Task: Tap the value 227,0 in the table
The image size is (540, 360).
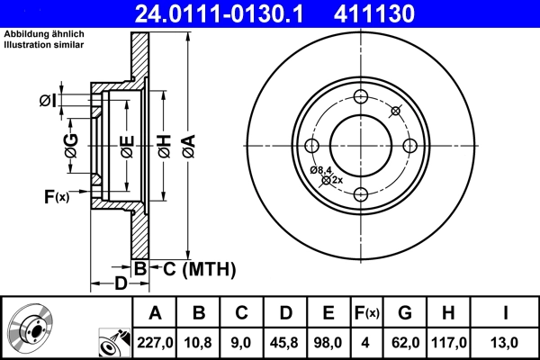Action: (155, 341)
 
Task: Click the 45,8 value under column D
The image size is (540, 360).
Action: (285, 341)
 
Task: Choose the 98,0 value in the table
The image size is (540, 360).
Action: (328, 341)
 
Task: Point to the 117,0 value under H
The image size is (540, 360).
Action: (449, 341)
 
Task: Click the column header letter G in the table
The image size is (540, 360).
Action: (405, 313)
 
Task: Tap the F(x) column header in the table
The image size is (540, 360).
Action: (366, 313)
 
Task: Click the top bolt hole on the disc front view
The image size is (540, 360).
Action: (361, 98)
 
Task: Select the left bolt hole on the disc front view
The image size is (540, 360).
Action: (312, 146)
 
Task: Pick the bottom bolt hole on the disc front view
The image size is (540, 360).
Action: (361, 194)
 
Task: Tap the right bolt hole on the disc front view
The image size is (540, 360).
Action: (409, 146)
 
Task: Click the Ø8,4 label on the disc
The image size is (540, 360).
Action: (321, 169)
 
